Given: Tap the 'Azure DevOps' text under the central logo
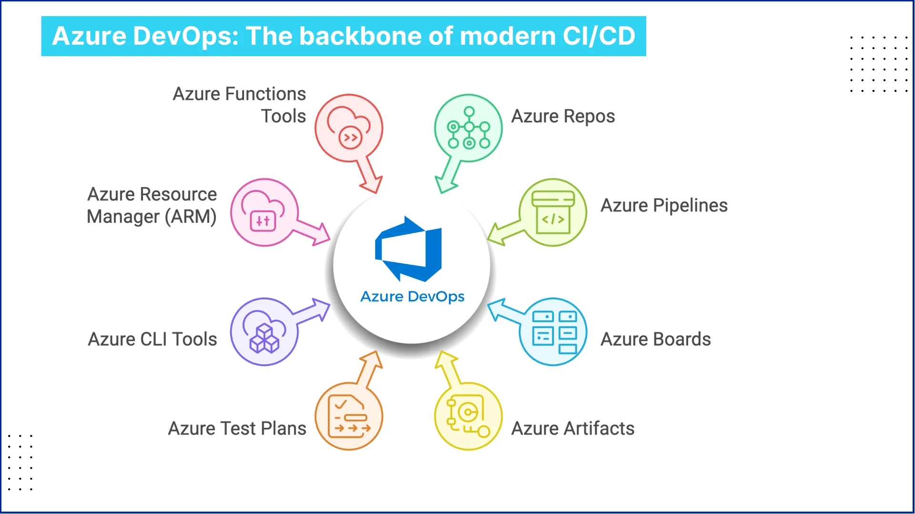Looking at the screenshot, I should pos(412,297).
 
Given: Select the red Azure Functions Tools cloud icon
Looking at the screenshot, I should pos(349,128).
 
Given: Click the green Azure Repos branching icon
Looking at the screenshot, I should pos(468,128).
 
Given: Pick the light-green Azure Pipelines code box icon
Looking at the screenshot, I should pos(553,212).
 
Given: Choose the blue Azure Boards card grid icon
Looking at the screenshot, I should pos(553,332).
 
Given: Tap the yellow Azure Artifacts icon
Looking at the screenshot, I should pos(468,416).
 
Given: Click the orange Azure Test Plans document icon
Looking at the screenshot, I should pos(349,416).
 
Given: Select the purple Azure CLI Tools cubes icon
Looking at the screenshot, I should pos(264,332).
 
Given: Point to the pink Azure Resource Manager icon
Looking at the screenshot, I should pos(264,212).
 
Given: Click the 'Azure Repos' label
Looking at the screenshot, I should pos(563,117).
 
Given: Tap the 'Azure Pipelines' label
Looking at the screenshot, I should pos(664,206).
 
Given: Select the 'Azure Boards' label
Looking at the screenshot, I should pos(655,339).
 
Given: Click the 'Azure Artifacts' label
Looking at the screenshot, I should pos(572,428).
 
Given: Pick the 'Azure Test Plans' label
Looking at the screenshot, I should pos(237,428).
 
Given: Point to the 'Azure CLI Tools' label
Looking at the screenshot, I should pos(152,339).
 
